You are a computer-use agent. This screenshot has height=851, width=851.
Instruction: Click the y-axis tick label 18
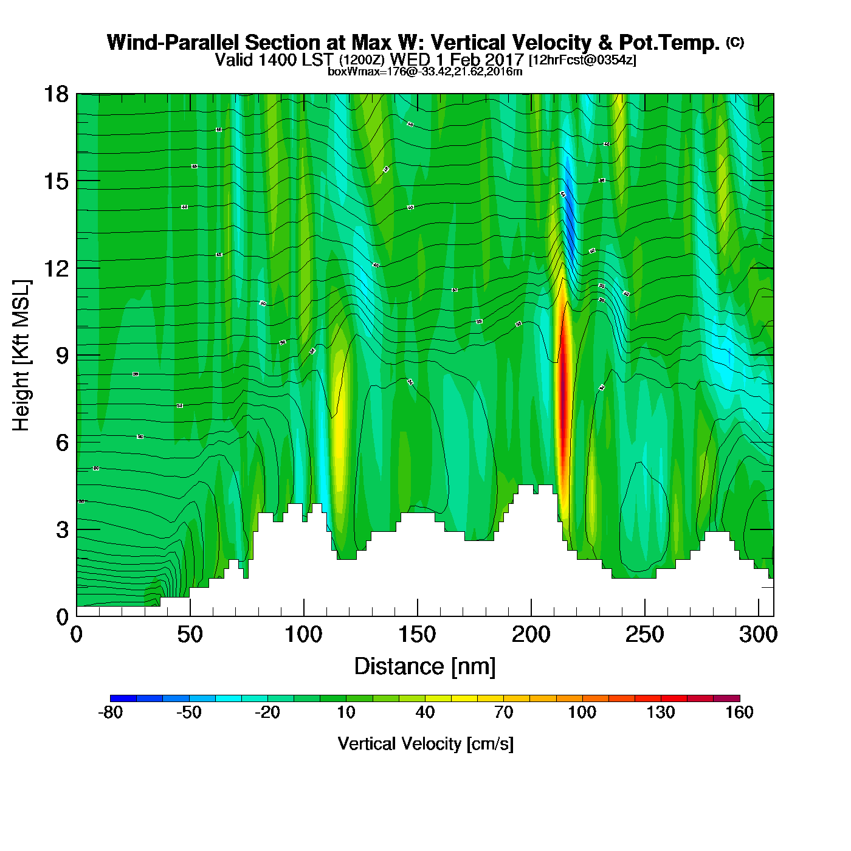tap(55, 94)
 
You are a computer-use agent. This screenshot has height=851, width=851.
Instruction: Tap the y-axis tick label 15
tap(55, 181)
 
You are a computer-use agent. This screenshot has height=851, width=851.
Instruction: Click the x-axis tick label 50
tap(190, 635)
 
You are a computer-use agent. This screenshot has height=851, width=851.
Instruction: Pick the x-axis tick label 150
tap(417, 635)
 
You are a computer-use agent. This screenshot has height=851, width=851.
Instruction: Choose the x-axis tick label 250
tap(644, 635)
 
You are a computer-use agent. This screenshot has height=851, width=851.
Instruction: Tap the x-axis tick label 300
tap(758, 635)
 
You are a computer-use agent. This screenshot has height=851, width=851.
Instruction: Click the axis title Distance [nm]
tap(425, 667)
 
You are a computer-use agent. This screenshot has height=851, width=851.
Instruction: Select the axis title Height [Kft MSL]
tap(21, 356)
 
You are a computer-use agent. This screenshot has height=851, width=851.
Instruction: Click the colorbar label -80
tap(110, 712)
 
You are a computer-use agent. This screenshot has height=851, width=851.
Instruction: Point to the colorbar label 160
tap(739, 712)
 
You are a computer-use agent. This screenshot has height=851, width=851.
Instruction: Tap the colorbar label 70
tap(503, 712)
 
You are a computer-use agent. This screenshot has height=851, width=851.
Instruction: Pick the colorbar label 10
tap(346, 712)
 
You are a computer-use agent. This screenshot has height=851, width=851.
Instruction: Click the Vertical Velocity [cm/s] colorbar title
tap(425, 744)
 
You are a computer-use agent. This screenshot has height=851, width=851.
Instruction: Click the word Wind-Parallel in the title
tap(174, 43)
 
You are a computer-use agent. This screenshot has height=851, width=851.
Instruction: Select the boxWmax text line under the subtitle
tap(425, 72)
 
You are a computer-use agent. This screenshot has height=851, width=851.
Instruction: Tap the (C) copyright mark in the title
tap(735, 42)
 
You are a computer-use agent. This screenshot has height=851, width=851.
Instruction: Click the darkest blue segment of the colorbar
tap(123, 698)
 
